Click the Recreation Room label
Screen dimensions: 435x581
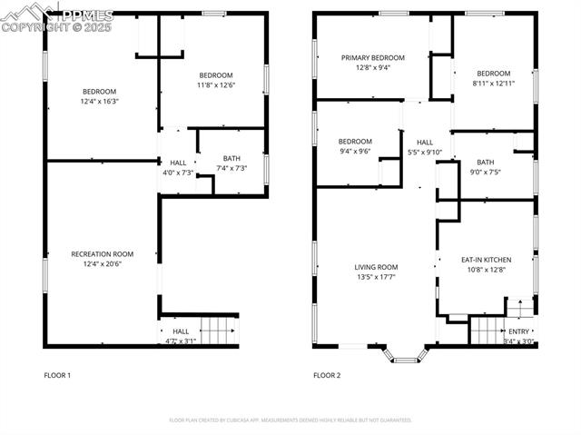pyautogui.click(x=102, y=254)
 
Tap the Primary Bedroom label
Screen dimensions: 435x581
pyautogui.click(x=373, y=57)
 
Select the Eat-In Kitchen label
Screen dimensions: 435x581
pyautogui.click(x=486, y=260)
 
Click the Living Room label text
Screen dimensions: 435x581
pyautogui.click(x=376, y=267)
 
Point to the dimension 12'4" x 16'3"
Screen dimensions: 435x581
pyautogui.click(x=100, y=101)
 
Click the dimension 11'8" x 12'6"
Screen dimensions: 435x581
pyautogui.click(x=216, y=85)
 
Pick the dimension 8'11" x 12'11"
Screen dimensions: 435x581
pyautogui.click(x=493, y=84)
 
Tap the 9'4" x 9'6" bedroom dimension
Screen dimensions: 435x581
pyautogui.click(x=355, y=152)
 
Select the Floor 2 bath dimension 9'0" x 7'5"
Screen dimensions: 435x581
pyautogui.click(x=485, y=173)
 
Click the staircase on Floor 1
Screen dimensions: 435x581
pyautogui.click(x=218, y=331)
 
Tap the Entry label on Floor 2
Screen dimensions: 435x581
pyautogui.click(x=518, y=333)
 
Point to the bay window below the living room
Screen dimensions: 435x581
pyautogui.click(x=405, y=353)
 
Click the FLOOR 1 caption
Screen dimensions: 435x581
pyautogui.click(x=57, y=375)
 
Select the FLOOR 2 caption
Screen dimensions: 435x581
pyautogui.click(x=327, y=375)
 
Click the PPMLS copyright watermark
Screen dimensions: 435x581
pyautogui.click(x=56, y=20)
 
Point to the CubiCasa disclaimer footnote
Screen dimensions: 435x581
pyautogui.click(x=290, y=420)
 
